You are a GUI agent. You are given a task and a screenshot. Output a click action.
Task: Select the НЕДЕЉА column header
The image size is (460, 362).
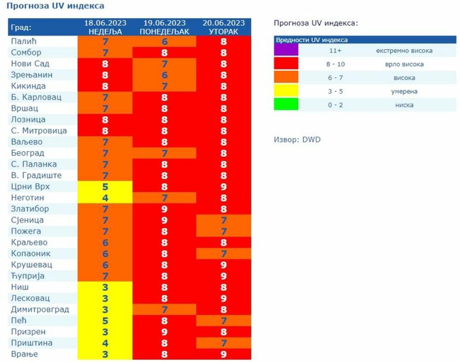(105, 31)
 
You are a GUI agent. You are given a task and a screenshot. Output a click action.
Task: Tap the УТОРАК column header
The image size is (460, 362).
(224, 31)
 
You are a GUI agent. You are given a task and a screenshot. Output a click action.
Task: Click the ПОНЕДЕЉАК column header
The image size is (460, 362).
(164, 31)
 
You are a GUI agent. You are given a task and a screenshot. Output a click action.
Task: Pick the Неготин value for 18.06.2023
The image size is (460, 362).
(105, 198)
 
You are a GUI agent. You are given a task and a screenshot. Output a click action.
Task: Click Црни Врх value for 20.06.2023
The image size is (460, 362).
(224, 187)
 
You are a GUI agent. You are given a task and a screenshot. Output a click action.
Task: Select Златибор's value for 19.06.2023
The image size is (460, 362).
(164, 209)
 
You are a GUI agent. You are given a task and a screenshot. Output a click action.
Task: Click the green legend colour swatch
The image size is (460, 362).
(286, 105)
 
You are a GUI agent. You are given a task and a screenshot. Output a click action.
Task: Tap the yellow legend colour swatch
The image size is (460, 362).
(286, 91)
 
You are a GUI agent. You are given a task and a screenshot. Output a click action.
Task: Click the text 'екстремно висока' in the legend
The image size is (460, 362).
(404, 51)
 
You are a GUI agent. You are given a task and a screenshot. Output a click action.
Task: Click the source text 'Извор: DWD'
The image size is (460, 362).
(297, 140)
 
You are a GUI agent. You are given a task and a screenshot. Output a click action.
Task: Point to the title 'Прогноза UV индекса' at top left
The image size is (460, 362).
(55, 6)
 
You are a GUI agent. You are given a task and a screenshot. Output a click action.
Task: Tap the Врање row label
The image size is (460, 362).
(24, 354)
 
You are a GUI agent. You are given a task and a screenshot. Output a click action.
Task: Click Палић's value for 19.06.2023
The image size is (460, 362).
(164, 41)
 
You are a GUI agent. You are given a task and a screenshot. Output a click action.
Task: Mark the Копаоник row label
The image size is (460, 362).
(31, 254)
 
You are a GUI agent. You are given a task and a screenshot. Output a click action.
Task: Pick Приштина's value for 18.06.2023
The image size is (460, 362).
(105, 343)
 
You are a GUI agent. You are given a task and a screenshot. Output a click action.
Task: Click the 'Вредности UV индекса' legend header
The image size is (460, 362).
(311, 40)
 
